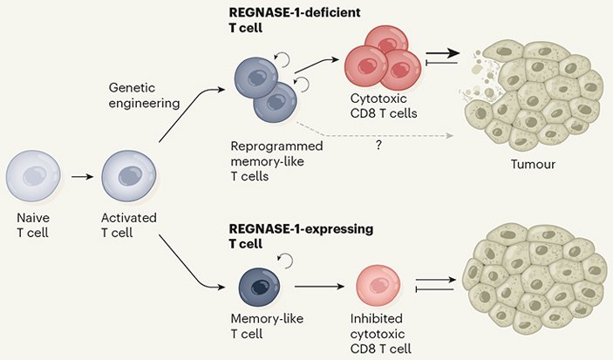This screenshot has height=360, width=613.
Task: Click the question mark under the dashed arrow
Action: coord(378,146)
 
